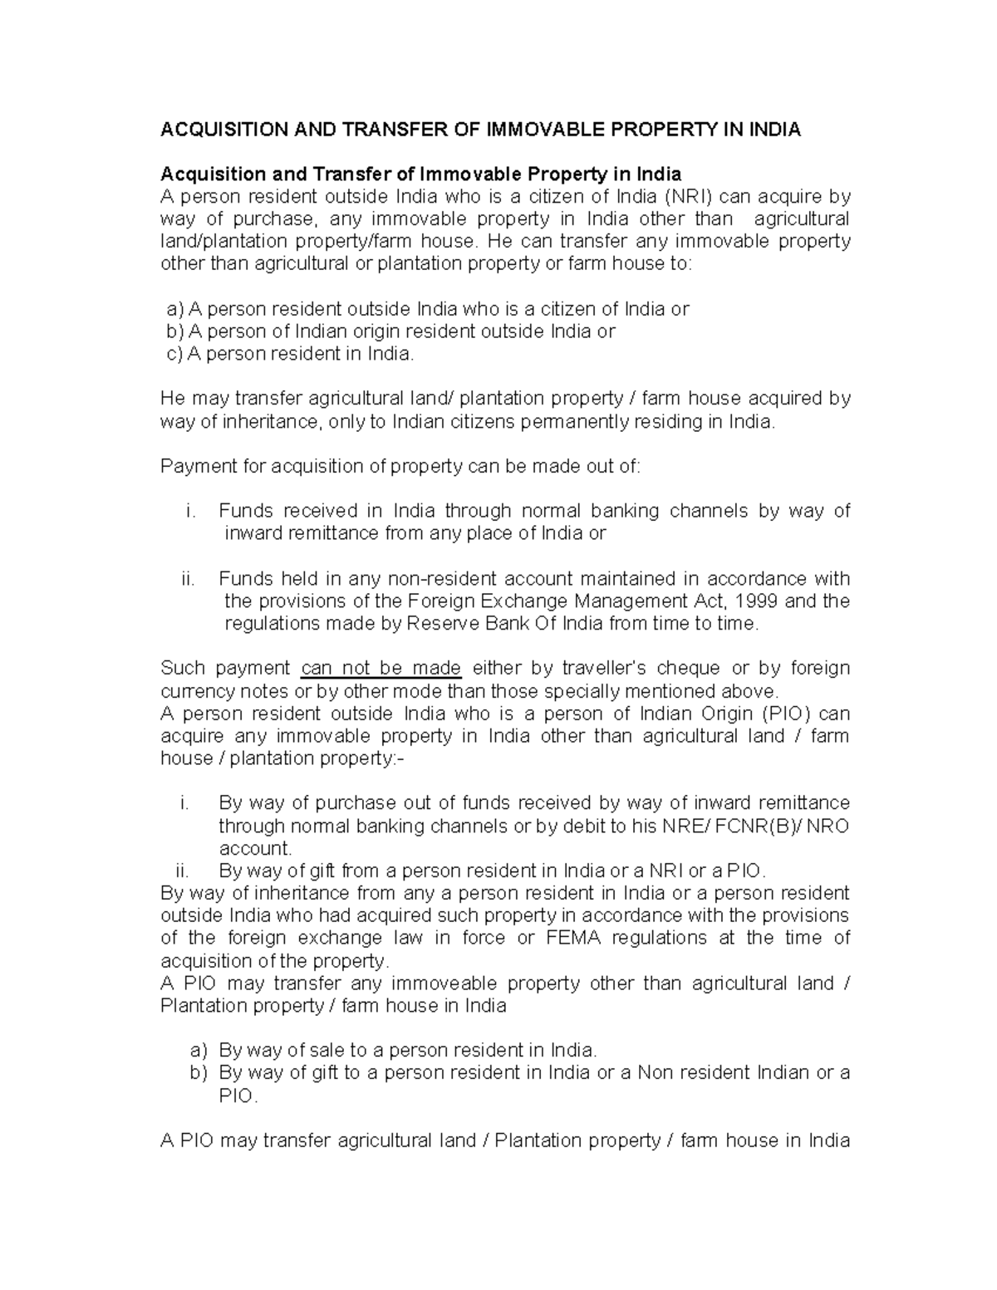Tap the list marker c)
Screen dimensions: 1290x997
coord(174,354)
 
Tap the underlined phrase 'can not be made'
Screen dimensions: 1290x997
coord(381,669)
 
